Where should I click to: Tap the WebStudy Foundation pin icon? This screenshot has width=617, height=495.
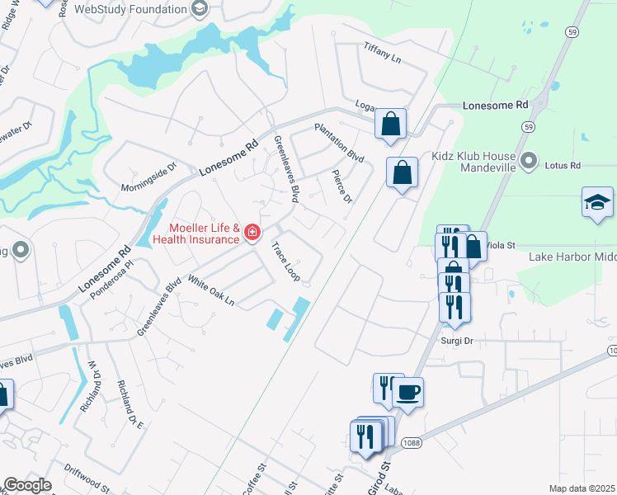(199, 9)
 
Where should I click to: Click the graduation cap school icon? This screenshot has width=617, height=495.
(597, 202)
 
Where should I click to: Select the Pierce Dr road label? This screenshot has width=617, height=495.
(341, 187)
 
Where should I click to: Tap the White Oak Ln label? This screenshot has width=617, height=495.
(211, 290)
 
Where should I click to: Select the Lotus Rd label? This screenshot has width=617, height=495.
(563, 165)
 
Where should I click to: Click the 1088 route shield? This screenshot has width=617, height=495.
(412, 443)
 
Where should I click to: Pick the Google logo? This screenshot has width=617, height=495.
(27, 485)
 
